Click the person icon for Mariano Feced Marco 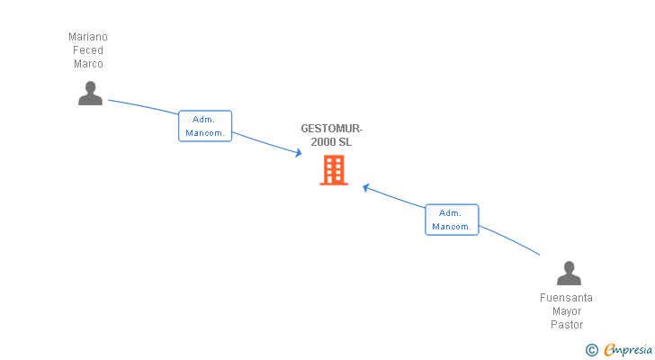[x=90, y=93]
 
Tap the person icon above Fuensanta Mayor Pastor [x=569, y=273]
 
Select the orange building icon [x=334, y=170]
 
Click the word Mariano [x=88, y=37]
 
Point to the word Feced [x=88, y=50]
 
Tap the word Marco [x=88, y=64]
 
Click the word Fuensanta [x=566, y=298]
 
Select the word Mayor [x=567, y=311]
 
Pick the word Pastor [x=567, y=325]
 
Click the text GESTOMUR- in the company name [x=332, y=129]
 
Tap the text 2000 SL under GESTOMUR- [x=331, y=142]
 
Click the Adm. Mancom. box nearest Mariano [x=205, y=126]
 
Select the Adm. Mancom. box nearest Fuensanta [x=452, y=220]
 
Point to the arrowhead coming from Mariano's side [x=299, y=152]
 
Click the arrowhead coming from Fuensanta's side [x=366, y=188]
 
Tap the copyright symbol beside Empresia [x=591, y=350]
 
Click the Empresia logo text [x=628, y=350]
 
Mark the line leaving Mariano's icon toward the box [x=143, y=106]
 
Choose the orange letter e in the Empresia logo [x=609, y=349]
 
